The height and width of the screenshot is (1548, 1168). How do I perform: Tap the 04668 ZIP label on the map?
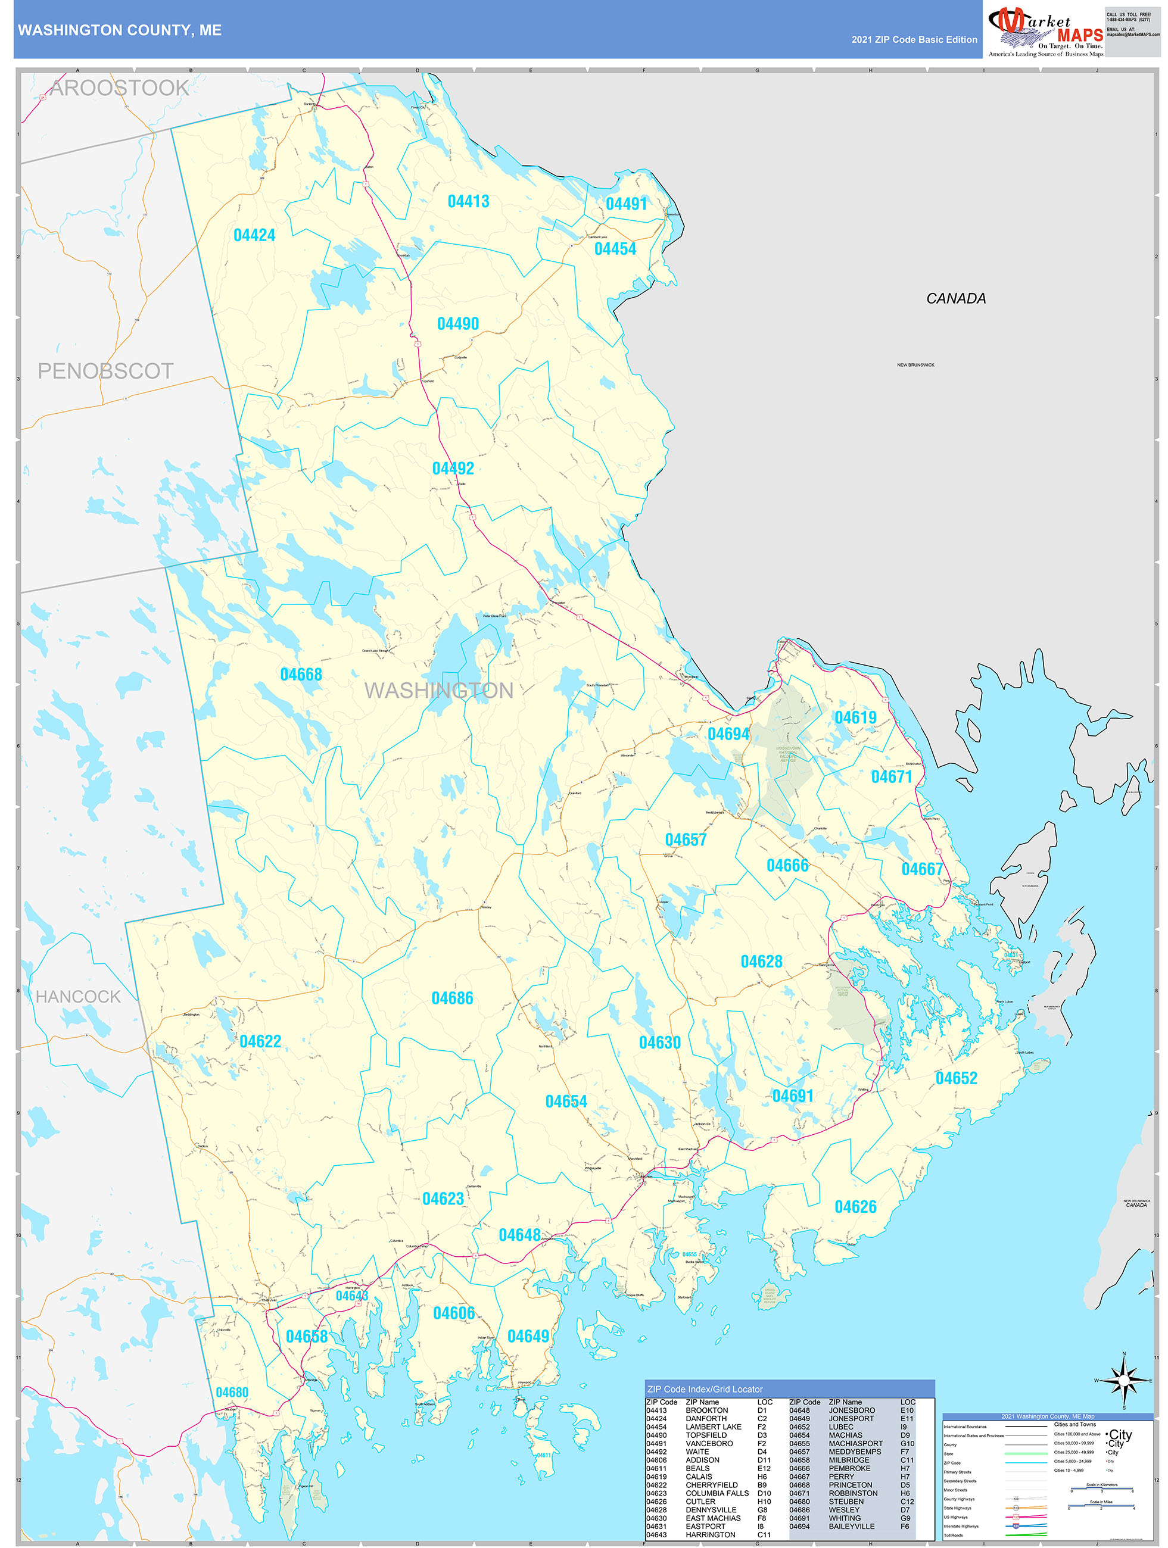point(301,675)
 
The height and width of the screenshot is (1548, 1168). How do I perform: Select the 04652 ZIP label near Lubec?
point(956,1078)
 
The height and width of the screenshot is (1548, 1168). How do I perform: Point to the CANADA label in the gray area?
point(956,299)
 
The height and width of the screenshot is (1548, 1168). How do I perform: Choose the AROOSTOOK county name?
point(120,88)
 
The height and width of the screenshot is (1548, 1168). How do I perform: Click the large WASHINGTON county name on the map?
point(439,691)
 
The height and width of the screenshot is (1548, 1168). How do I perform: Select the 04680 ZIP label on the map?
point(232,1393)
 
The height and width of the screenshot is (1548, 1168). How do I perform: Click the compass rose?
point(1124,1381)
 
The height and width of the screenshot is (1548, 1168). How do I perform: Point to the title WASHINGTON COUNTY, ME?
point(120,30)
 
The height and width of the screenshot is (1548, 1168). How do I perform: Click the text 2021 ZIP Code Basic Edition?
point(914,40)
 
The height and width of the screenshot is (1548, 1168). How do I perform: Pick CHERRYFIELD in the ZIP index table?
point(711,1485)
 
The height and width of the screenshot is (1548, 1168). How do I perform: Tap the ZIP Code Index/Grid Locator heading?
point(705,1389)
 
